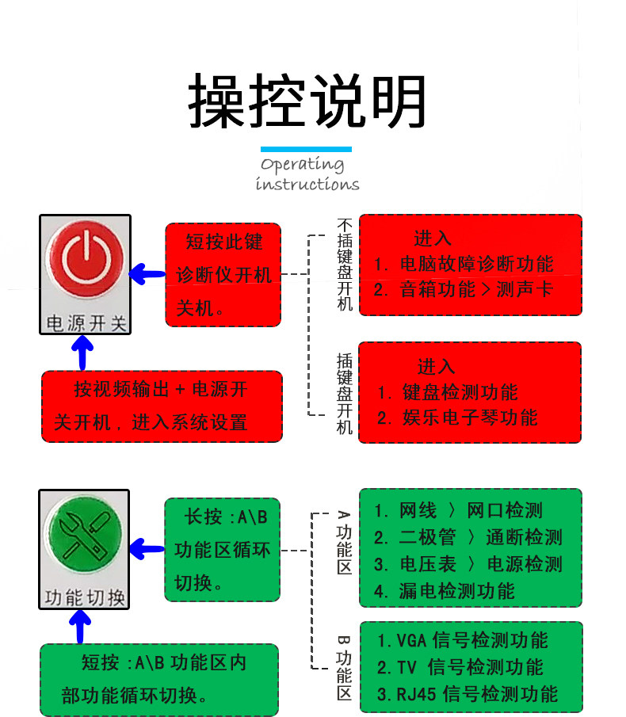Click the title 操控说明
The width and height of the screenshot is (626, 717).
[307, 101]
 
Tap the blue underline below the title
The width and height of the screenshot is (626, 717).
[306, 149]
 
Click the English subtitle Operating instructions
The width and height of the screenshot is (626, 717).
[307, 174]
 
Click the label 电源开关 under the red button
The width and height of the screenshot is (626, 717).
[86, 323]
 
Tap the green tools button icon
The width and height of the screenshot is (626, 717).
[85, 535]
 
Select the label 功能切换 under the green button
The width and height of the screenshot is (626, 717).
[85, 597]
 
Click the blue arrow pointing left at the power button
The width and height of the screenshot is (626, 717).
[147, 274]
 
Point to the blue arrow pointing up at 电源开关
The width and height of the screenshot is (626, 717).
[82, 353]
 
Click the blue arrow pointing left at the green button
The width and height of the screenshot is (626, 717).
[147, 549]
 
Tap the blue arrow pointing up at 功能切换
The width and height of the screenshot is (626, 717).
[80, 627]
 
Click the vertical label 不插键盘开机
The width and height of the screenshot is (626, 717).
[345, 265]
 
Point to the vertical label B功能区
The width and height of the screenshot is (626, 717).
[345, 667]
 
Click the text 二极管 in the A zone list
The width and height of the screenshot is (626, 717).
[428, 537]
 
